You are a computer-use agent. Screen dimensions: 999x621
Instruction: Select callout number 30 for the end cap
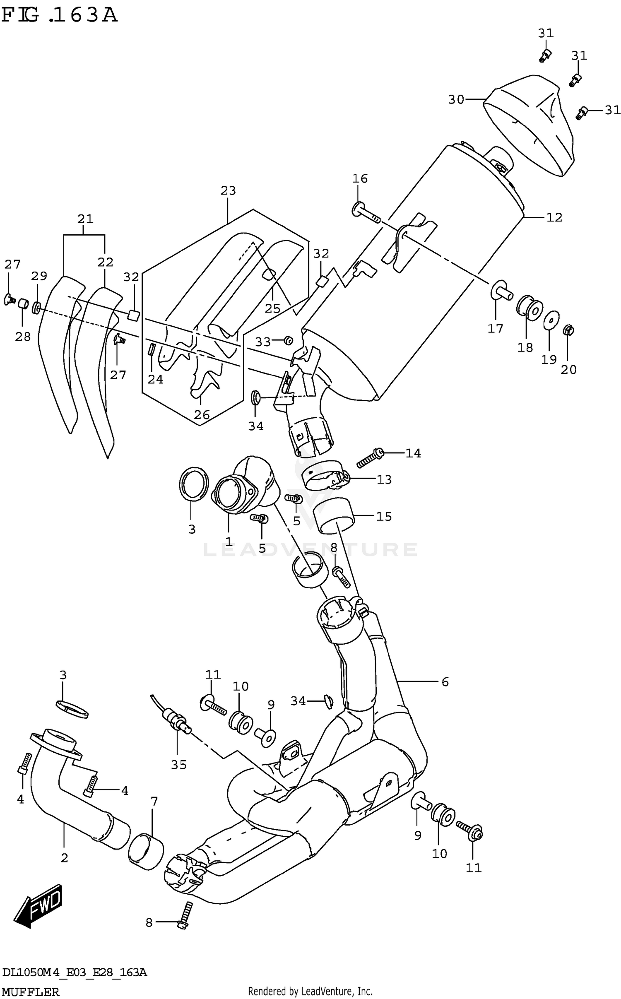[x=456, y=99]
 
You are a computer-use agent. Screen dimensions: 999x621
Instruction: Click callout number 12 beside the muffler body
[x=554, y=217]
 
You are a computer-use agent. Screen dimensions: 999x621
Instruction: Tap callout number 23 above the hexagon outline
[x=228, y=190]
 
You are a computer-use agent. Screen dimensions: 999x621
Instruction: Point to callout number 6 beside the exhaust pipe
[x=445, y=681]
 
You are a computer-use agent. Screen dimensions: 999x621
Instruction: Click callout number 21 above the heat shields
[x=85, y=219]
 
